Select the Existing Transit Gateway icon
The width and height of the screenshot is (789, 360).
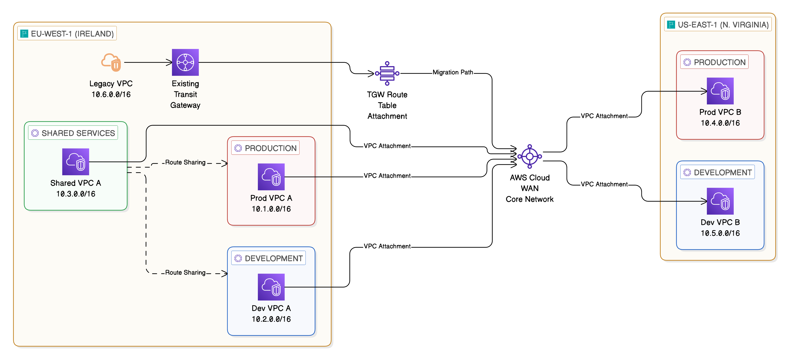pos(185,62)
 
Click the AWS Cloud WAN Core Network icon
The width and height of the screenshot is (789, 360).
pos(529,156)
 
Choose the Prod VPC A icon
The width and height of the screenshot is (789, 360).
pos(271,177)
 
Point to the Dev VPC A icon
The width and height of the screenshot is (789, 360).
pos(271,287)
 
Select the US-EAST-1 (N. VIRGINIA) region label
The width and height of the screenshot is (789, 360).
pos(723,25)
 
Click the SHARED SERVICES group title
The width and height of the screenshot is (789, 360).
pos(78,133)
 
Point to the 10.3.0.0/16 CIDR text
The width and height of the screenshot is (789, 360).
pos(76,194)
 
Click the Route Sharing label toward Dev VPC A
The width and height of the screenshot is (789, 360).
pos(185,272)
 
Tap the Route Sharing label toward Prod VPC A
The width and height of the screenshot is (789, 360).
pos(185,162)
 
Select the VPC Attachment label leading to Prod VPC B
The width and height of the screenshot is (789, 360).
pos(604,116)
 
